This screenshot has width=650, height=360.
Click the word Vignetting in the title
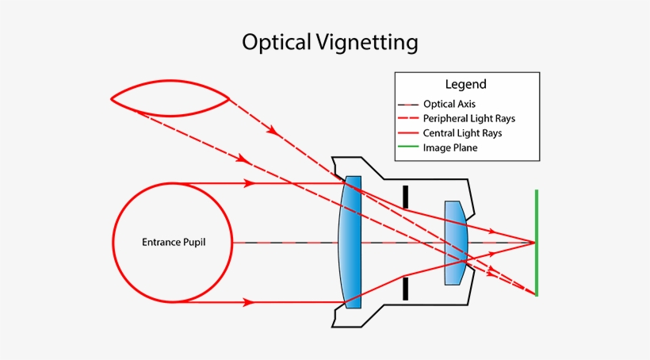click(x=366, y=43)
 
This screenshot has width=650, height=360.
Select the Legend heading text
click(x=466, y=84)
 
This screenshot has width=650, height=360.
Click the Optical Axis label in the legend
click(x=449, y=104)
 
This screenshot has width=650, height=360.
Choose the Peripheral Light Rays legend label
click(x=469, y=118)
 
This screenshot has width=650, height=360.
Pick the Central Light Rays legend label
click(x=462, y=133)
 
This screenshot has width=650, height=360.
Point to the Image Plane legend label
click(x=450, y=147)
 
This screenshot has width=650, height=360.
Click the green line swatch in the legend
click(x=409, y=147)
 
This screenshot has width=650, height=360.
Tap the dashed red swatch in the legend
click(x=409, y=119)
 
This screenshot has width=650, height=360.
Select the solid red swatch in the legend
click(x=409, y=133)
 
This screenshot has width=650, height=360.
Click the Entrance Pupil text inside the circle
click(x=174, y=242)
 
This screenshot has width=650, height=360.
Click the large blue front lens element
click(x=350, y=242)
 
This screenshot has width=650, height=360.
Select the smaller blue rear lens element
click(x=455, y=242)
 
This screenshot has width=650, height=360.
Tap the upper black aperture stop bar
click(x=405, y=197)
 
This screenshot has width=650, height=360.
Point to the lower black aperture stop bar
click(x=405, y=288)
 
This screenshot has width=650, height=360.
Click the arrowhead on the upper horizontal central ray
click(x=250, y=183)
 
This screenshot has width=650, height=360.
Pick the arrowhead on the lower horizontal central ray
click(x=250, y=302)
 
